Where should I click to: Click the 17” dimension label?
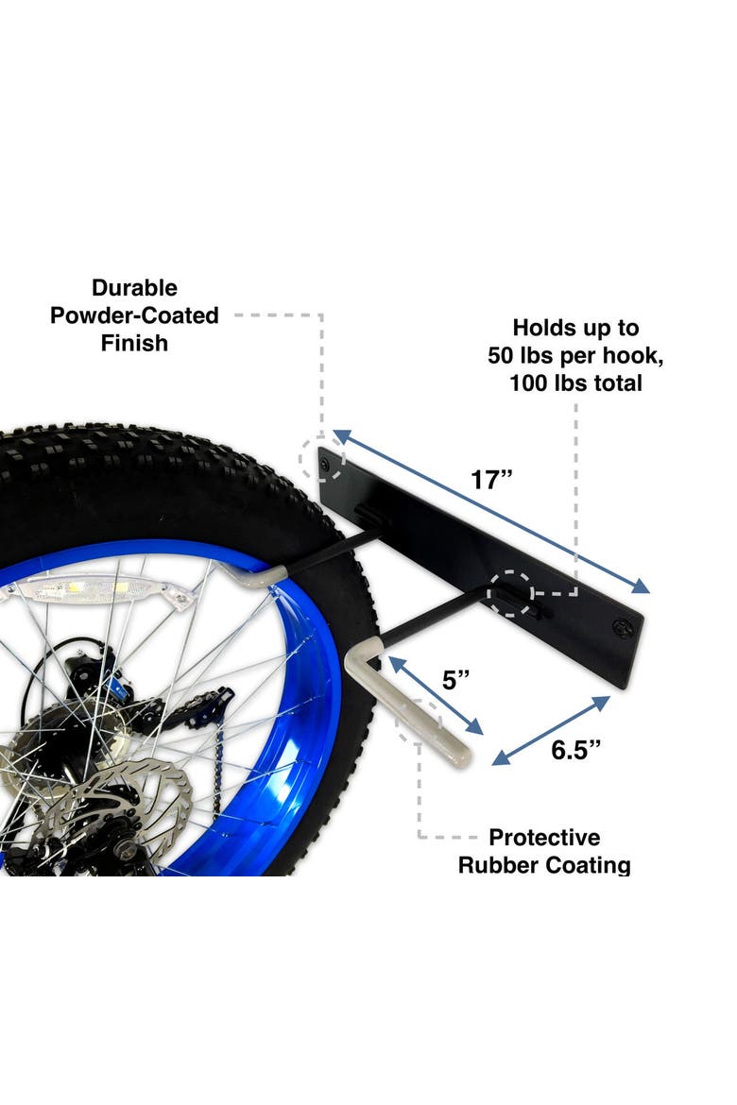pyautogui.click(x=491, y=479)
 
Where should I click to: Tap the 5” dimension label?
pyautogui.click(x=455, y=680)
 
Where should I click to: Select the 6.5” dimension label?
pyautogui.click(x=575, y=750)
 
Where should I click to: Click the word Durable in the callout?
pyautogui.click(x=134, y=287)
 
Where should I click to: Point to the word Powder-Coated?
pyautogui.click(x=134, y=315)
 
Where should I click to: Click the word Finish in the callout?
pyautogui.click(x=134, y=343)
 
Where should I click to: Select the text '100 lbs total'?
pyautogui.click(x=575, y=383)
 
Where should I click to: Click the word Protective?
pyautogui.click(x=544, y=837)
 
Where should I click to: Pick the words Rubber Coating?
pyautogui.click(x=544, y=865)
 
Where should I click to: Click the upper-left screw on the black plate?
pyautogui.click(x=326, y=464)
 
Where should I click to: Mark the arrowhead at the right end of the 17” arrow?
pyautogui.click(x=641, y=586)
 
